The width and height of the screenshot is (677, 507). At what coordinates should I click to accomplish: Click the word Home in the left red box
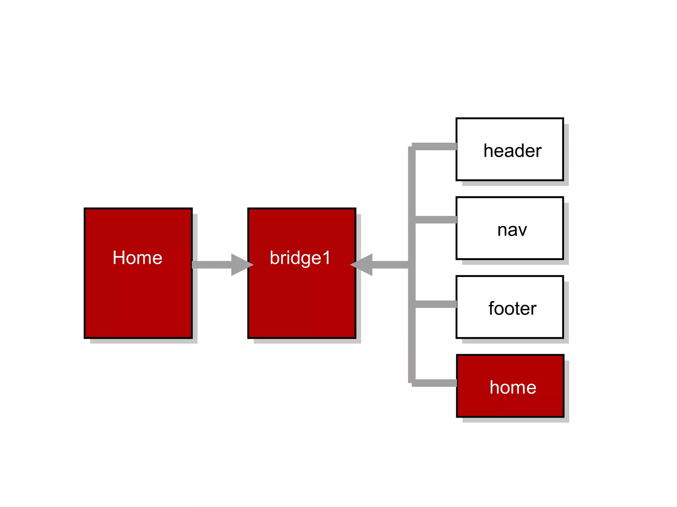tap(137, 258)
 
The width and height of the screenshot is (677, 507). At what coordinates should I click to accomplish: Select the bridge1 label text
tap(300, 258)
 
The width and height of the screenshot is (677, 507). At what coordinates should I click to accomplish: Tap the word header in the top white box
tap(512, 151)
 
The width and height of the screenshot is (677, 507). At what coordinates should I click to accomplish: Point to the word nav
tap(512, 230)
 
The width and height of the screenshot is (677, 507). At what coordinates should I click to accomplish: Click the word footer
tap(512, 309)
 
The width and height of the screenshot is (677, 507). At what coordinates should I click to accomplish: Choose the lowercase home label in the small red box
tap(513, 387)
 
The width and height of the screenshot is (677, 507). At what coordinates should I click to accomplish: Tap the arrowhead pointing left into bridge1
tap(362, 265)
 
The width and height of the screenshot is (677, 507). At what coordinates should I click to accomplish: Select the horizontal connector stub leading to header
tap(436, 147)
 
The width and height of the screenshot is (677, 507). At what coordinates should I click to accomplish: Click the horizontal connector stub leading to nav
tap(436, 220)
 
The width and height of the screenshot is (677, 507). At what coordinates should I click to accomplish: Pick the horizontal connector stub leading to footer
tap(436, 304)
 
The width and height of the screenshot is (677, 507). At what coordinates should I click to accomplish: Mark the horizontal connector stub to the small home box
tap(436, 383)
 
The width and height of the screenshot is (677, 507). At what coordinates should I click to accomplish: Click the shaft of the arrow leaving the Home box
tap(212, 265)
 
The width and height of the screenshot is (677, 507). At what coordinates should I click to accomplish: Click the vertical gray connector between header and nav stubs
tap(412, 183)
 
